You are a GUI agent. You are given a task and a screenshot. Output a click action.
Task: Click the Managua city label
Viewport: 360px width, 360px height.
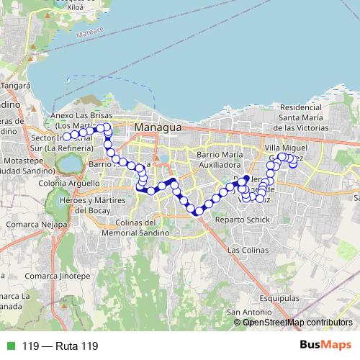pyautogui.click(x=158, y=127)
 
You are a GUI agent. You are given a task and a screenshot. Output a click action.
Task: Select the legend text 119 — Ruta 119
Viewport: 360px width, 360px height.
pyautogui.click(x=60, y=346)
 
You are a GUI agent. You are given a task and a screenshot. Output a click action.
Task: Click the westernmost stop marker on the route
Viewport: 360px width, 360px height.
pyautogui.click(x=66, y=136)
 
